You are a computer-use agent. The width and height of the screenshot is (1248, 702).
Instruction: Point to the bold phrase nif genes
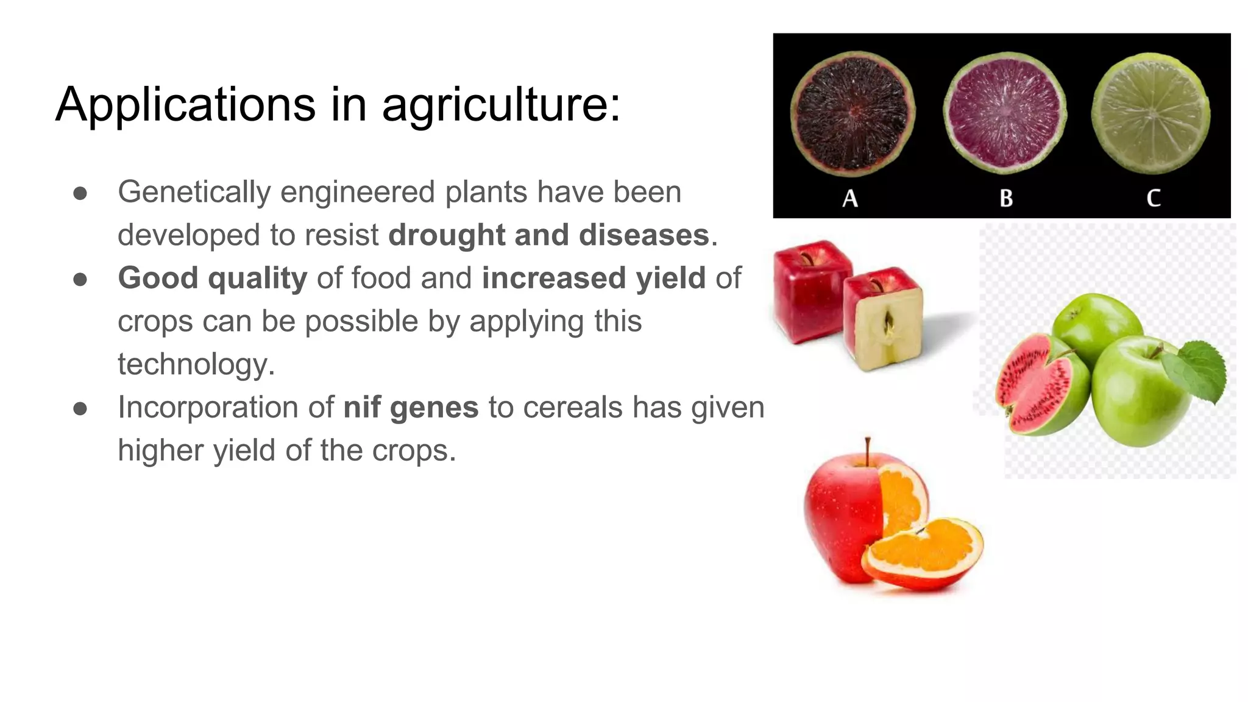click(x=411, y=407)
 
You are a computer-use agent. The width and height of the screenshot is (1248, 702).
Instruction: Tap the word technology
click(x=196, y=364)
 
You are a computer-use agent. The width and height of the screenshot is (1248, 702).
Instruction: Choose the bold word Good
click(x=158, y=278)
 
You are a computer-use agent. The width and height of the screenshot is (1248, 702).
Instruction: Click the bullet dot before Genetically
click(x=80, y=193)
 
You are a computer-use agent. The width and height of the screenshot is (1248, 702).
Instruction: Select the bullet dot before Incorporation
click(x=80, y=408)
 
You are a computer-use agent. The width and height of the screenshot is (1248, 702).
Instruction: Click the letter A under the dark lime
click(x=850, y=198)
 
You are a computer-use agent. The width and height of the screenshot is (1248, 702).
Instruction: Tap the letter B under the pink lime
click(x=1006, y=198)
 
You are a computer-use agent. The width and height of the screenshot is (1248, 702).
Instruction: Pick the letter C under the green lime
click(x=1153, y=198)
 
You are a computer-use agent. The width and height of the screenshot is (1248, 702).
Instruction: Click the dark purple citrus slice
click(x=853, y=114)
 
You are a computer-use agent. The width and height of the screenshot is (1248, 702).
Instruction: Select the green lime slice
click(x=1150, y=114)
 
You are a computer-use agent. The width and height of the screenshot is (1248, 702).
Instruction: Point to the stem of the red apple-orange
click(x=868, y=451)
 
